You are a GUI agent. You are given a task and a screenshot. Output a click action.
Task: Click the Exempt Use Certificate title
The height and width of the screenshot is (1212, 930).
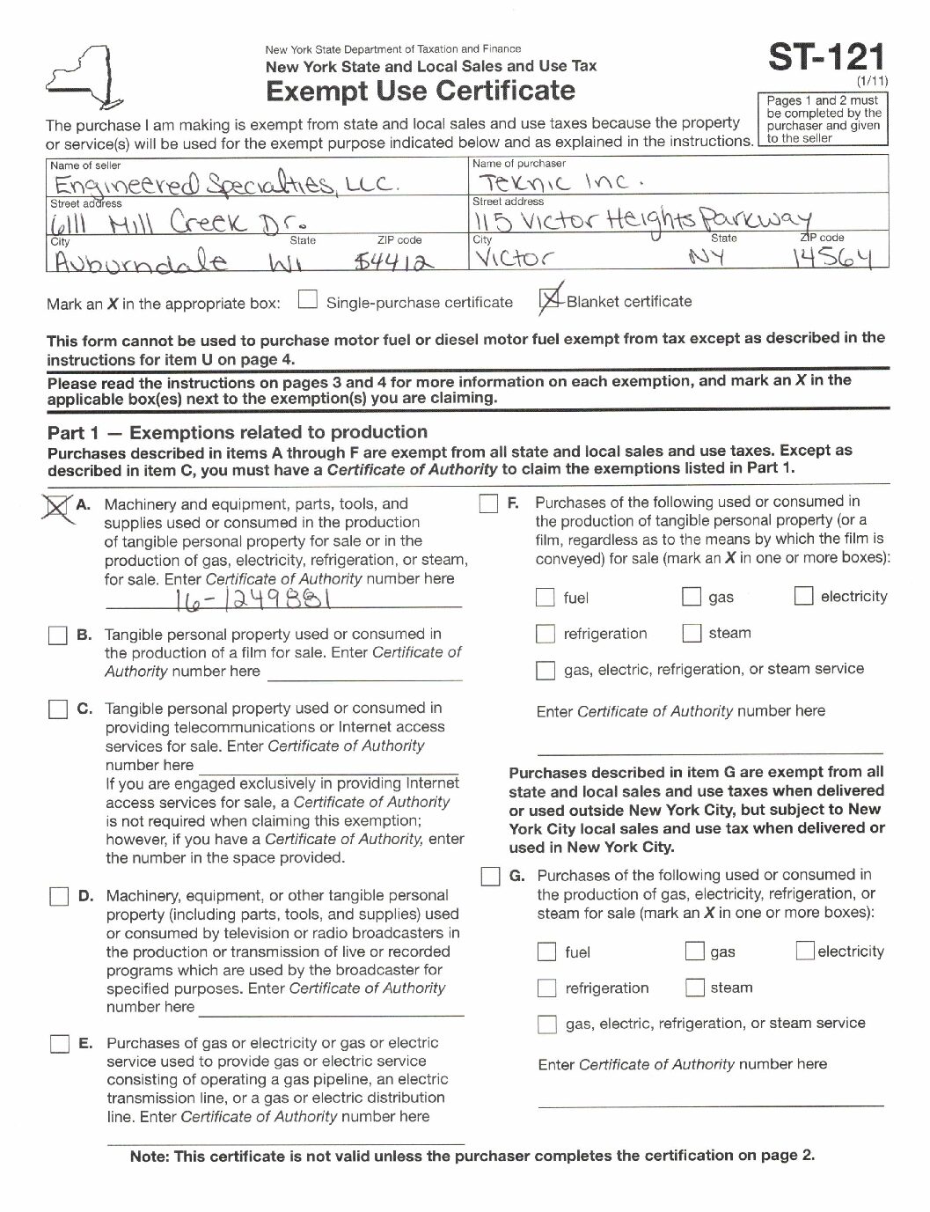click(x=421, y=91)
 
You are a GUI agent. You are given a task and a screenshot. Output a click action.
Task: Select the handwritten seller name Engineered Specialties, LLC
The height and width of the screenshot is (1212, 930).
click(x=227, y=184)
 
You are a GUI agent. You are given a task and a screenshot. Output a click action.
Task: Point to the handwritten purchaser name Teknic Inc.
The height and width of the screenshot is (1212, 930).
click(x=560, y=182)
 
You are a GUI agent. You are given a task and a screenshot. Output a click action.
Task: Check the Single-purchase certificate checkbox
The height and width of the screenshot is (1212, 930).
click(x=307, y=301)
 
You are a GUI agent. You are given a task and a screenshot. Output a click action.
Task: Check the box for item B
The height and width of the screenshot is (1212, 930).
click(x=58, y=635)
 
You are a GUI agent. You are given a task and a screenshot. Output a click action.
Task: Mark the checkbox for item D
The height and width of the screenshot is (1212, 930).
click(x=59, y=897)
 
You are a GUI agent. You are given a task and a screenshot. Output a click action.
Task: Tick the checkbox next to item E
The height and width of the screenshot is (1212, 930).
click(x=59, y=1045)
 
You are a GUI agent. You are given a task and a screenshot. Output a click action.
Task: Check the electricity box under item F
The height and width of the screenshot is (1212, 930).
click(x=803, y=597)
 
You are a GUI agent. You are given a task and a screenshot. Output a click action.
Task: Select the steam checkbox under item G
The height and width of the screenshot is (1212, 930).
click(x=695, y=988)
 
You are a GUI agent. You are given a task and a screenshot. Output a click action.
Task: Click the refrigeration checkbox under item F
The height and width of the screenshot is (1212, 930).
click(x=546, y=634)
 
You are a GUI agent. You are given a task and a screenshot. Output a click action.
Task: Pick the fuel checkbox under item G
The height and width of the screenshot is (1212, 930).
click(x=547, y=951)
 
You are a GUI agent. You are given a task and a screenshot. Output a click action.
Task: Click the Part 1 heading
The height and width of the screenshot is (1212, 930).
click(x=238, y=432)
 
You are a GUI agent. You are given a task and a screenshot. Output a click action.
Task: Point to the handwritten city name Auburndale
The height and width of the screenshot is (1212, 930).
click(x=141, y=261)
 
